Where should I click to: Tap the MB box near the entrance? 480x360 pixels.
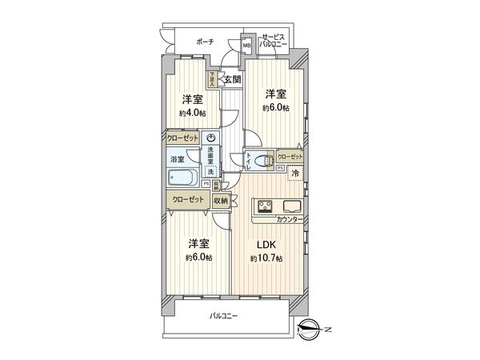[247, 45]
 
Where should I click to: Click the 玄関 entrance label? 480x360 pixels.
[231, 79]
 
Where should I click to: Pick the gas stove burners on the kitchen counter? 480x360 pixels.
[263, 206]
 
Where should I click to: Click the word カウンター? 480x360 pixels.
[289, 218]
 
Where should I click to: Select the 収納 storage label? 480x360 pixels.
[221, 202]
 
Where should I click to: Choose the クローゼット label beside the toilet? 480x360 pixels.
[290, 156]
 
